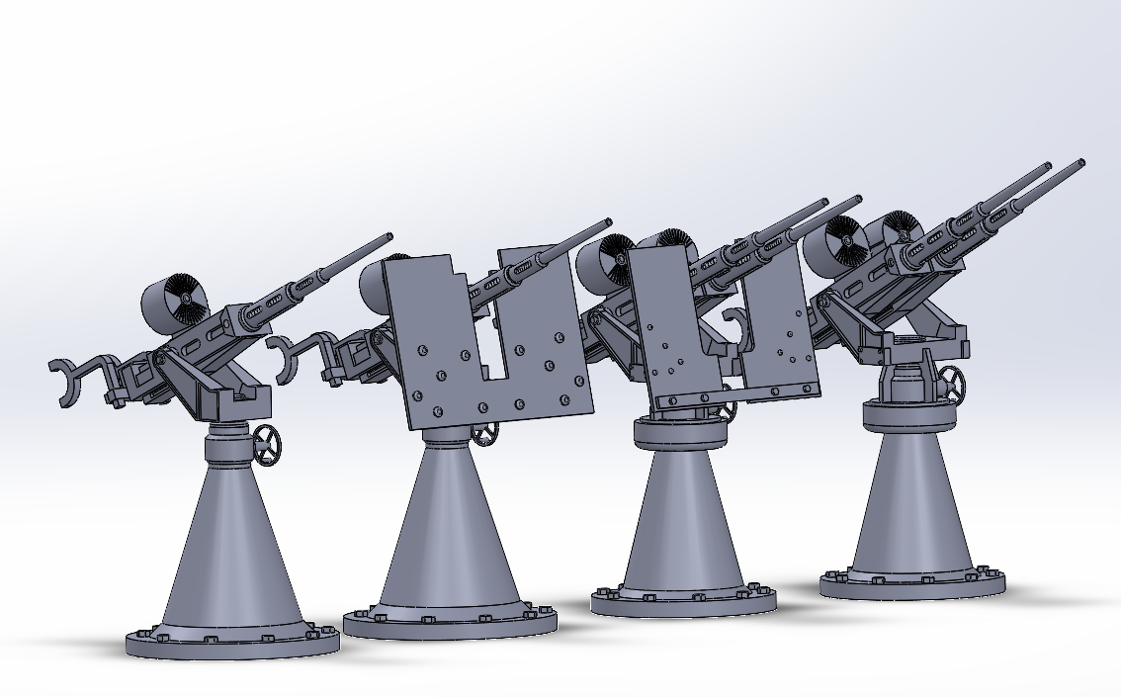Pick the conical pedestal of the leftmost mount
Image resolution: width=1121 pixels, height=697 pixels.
232,554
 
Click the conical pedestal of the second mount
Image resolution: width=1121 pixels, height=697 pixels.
451,534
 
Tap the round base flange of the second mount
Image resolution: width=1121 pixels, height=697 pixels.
450,621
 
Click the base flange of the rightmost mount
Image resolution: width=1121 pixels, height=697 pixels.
911,583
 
